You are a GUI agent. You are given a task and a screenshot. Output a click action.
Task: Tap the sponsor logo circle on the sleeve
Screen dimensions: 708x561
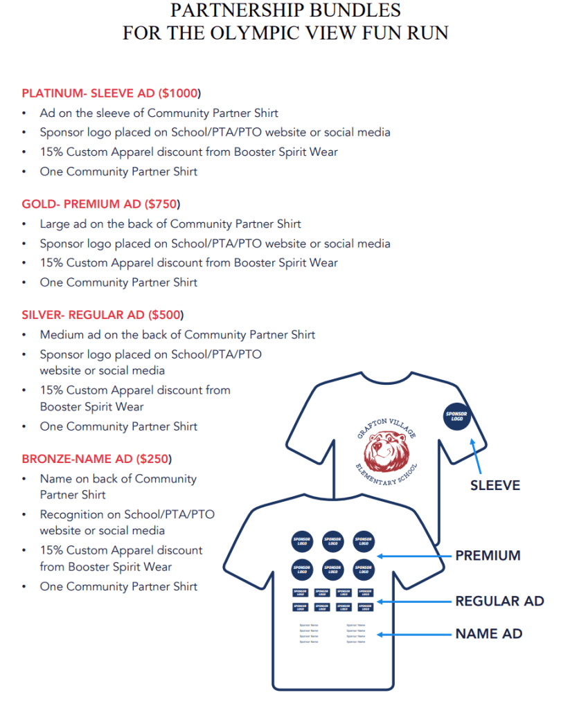pos(456,416)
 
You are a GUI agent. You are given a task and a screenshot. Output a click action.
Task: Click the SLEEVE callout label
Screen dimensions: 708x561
pos(495,486)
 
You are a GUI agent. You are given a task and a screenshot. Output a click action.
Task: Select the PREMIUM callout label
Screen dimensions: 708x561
pos(488,555)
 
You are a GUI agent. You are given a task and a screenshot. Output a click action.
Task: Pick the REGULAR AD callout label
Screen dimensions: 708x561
pos(499,601)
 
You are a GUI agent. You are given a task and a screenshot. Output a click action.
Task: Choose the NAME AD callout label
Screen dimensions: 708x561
pos(488,633)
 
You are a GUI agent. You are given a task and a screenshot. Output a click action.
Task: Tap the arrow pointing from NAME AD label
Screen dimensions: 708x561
pos(412,634)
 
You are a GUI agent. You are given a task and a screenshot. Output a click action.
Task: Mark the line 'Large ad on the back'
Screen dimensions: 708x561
pos(170,224)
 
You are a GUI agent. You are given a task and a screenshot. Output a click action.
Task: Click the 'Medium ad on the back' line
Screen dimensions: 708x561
pos(177,335)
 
